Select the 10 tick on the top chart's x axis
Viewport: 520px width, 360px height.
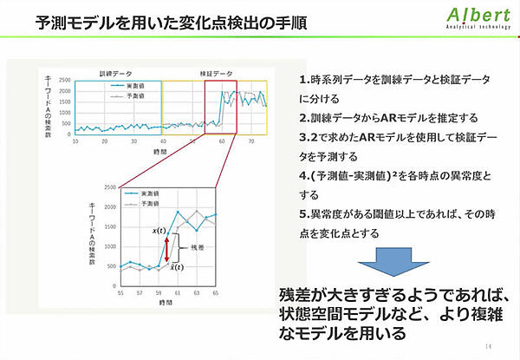(x=76, y=140)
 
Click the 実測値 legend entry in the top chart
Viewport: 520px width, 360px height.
(x=125, y=87)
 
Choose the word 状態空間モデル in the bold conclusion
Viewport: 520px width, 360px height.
(x=329, y=311)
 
